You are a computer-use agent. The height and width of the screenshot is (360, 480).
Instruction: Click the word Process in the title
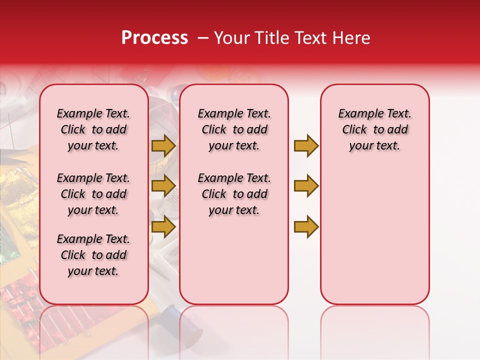(154, 38)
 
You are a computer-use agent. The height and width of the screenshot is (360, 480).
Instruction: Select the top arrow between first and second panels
(163, 145)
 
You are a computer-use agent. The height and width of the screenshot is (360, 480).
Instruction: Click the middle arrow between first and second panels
(163, 186)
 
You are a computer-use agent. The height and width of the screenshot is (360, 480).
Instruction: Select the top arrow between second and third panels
(306, 145)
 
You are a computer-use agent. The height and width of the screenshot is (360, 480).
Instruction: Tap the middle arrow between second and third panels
(306, 186)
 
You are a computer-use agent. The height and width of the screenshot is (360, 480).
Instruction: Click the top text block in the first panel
(93, 129)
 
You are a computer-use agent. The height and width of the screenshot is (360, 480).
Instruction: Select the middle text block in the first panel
(93, 194)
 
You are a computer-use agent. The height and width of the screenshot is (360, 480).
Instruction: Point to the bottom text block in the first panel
(93, 255)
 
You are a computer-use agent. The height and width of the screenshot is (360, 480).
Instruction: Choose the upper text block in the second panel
(234, 129)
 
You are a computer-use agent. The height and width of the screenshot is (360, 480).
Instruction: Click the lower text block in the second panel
(234, 194)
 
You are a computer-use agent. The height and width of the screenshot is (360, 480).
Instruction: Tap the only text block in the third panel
(374, 129)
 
